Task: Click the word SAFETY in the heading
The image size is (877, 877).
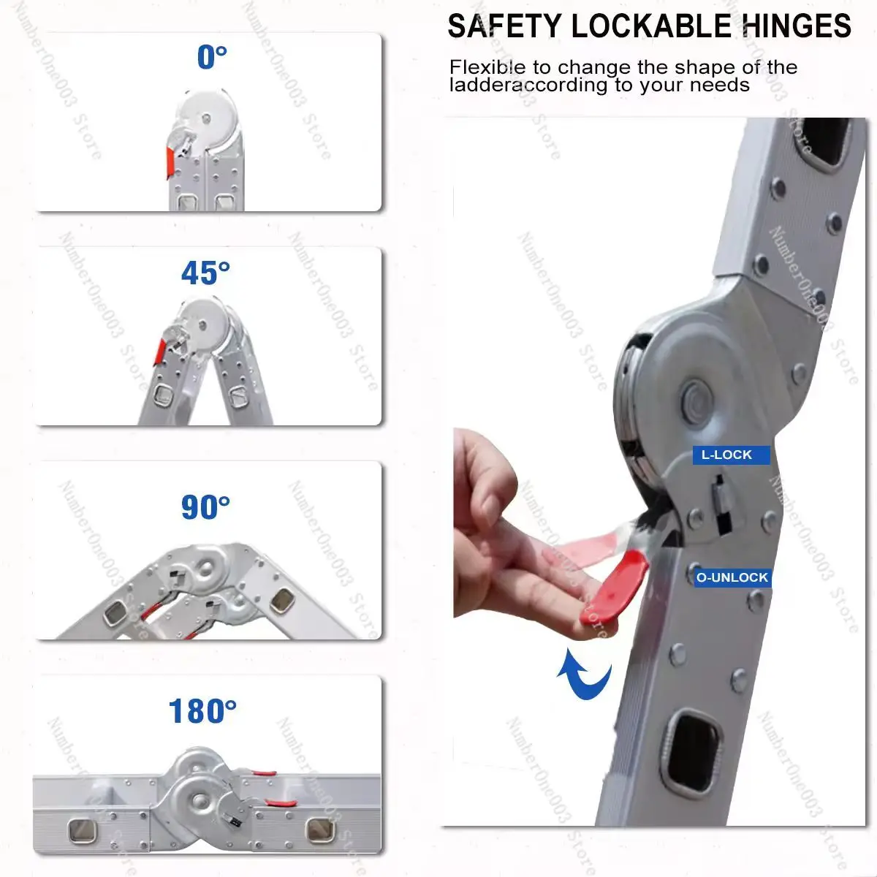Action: pos(505,26)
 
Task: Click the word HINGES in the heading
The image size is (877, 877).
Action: pos(797,26)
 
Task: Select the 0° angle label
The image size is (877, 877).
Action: pos(212,57)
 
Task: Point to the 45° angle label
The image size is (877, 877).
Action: pos(205,273)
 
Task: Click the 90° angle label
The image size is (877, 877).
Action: pos(205,507)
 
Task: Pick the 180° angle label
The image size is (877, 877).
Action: pos(202,711)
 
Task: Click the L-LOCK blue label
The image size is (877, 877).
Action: pos(731,455)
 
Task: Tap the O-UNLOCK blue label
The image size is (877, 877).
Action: pos(732,577)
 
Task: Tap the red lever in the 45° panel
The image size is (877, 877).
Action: pos(160,352)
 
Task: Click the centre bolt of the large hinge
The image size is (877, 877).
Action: pos(696,400)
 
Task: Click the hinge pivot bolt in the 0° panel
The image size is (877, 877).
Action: pos(206,119)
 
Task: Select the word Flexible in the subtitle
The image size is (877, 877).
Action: pos(488,67)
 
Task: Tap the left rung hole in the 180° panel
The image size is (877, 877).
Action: pos(83,831)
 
